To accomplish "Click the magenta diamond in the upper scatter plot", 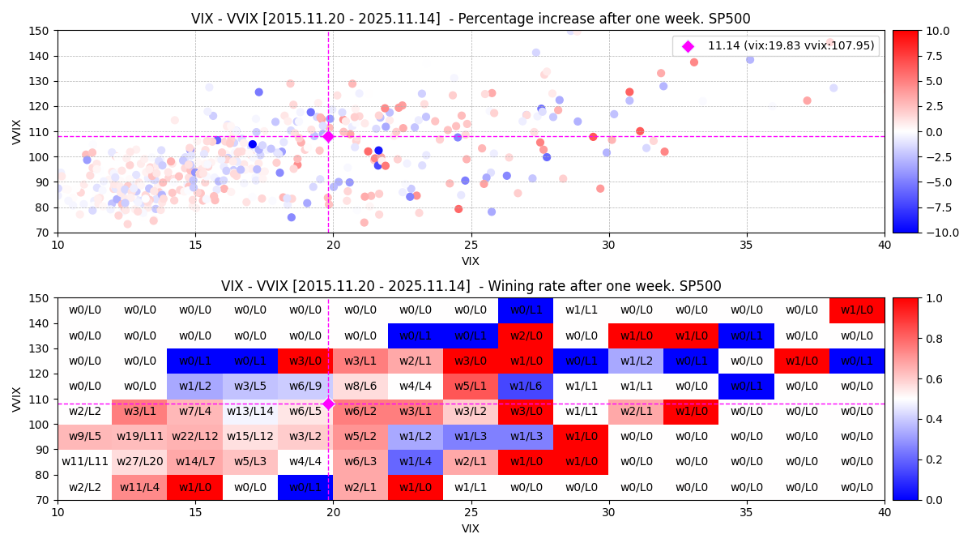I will coord(328,136).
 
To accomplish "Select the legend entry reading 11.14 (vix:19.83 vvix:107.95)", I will coord(792,46).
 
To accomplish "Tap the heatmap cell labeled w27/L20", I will coord(140,462).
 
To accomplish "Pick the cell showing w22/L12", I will coord(195,437).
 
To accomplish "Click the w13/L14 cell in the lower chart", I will coord(250,412).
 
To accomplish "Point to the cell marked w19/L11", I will coord(140,437).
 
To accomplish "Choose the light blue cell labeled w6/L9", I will coord(305,387).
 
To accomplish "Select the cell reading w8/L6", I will coord(360,387).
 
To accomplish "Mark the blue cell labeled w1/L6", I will coord(526,387).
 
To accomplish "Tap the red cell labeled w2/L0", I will coord(526,335).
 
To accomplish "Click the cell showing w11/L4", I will coord(140,487).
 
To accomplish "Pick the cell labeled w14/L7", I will coord(195,462).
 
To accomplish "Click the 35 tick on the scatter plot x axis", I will coord(747,245).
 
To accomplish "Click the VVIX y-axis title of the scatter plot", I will coord(18,131).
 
